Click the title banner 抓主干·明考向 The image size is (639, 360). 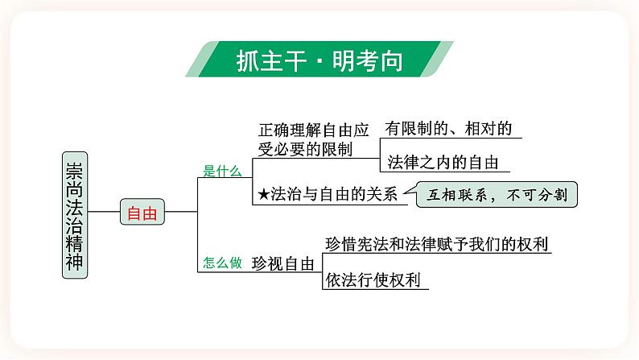pos(319,60)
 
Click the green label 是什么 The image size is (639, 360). pos(222,171)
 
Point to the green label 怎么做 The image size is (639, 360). pos(222,262)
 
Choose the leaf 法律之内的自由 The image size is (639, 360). pos(442,162)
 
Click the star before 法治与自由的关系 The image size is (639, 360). pos(263,194)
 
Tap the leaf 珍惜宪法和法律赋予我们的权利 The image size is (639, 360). pos(438,244)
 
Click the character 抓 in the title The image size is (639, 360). pos(249,60)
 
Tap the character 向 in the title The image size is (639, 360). pos(390,60)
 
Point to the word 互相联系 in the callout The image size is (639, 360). pos(458,195)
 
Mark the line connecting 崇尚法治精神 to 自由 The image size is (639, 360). pos(103,213)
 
